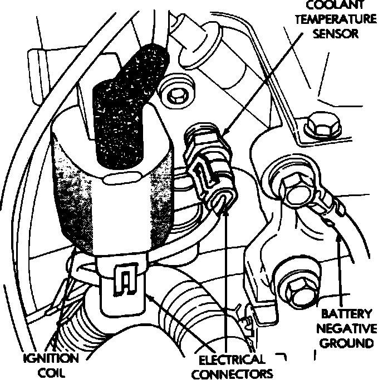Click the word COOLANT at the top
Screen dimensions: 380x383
click(x=333, y=4)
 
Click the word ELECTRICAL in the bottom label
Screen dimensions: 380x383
click(x=231, y=359)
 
